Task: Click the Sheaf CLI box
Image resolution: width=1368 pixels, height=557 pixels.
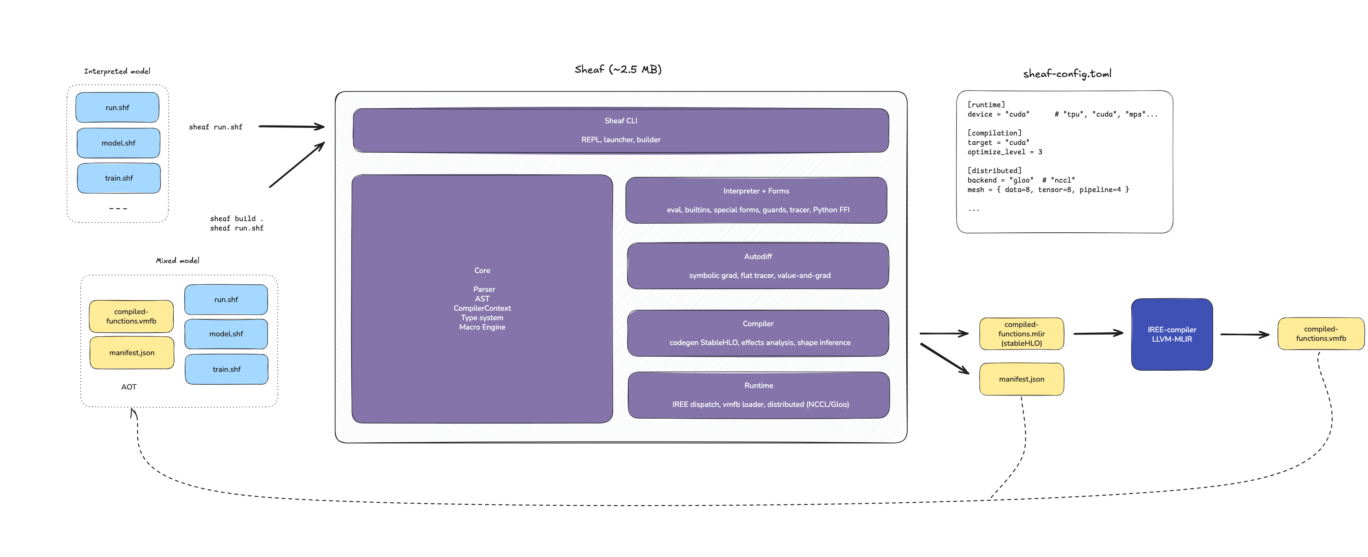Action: (620, 130)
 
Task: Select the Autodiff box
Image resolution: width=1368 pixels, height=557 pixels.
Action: (758, 266)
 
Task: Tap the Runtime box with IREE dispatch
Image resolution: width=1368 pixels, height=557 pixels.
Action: (758, 395)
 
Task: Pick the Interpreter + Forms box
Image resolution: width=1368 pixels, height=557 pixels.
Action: (756, 200)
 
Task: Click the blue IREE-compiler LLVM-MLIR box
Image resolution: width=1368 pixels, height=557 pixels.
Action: (1172, 334)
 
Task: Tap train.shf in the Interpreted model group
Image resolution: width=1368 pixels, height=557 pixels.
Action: (119, 178)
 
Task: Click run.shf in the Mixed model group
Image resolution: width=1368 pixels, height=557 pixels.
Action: (226, 300)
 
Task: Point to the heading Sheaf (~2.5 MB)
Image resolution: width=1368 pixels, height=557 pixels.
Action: (618, 70)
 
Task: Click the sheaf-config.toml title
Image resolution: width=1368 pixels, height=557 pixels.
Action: (1067, 74)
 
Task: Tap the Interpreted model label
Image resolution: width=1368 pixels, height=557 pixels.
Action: (117, 71)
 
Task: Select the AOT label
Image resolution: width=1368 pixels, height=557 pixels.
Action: (129, 387)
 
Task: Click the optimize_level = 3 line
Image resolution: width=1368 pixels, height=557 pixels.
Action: (1004, 152)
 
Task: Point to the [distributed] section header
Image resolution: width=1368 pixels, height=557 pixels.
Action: (994, 170)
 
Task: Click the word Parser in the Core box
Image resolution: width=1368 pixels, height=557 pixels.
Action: (484, 289)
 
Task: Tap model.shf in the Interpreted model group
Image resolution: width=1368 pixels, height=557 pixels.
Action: (118, 143)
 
